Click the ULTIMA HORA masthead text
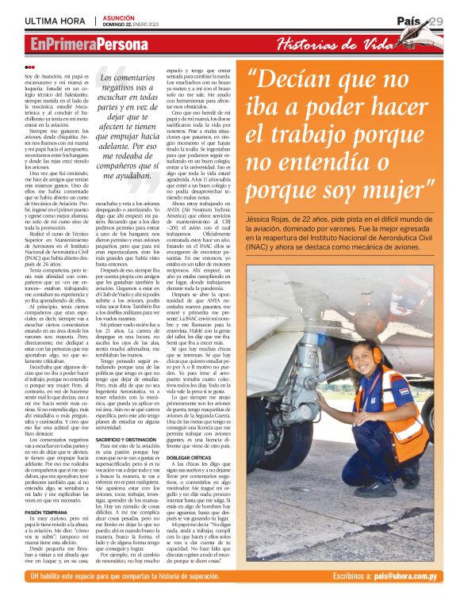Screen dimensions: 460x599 [55, 19]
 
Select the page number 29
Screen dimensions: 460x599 [435, 20]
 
